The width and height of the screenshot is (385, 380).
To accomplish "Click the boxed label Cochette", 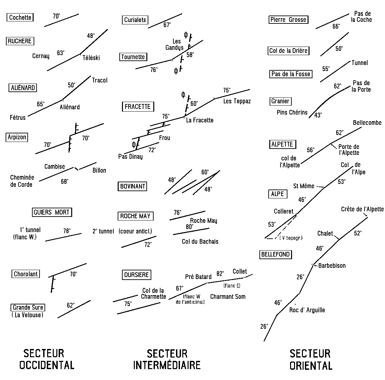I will [20, 17].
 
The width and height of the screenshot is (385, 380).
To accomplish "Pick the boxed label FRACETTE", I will [138, 107].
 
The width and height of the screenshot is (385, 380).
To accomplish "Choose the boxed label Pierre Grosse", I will [288, 19].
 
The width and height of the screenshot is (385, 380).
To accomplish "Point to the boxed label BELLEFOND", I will [275, 254].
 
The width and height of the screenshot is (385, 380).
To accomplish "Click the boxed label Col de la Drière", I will [288, 51].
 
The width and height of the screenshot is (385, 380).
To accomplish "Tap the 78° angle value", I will [67, 231].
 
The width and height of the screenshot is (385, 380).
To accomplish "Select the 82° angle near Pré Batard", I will [220, 274].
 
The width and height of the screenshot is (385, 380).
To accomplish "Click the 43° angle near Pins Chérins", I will [318, 115].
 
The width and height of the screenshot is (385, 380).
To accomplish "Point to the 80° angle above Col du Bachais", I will [190, 227].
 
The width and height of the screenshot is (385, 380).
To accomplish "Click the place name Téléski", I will [91, 58].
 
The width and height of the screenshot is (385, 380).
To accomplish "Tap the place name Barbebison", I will [332, 265].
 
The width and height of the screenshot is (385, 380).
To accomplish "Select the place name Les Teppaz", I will [237, 101].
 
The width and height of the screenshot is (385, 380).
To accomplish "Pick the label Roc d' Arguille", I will [307, 310].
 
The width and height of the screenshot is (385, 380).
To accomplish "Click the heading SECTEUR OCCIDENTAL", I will [47, 359].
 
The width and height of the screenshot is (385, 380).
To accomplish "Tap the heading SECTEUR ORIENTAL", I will [311, 360].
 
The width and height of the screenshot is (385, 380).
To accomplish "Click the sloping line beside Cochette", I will [61, 20].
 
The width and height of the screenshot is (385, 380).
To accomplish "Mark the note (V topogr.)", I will [291, 238].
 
